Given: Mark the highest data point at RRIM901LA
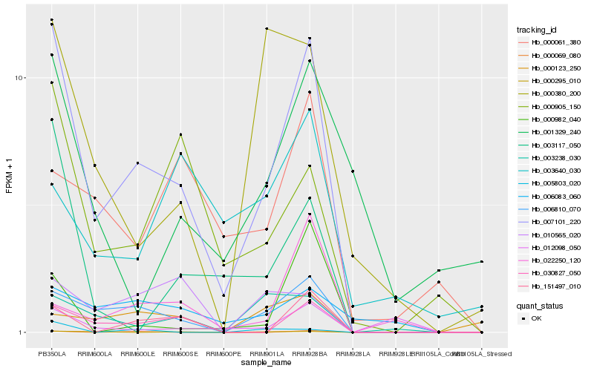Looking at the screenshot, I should coord(266,29).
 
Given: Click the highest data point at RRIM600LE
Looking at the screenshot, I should coord(137,163).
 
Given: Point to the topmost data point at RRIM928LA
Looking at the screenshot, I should coord(352,171).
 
